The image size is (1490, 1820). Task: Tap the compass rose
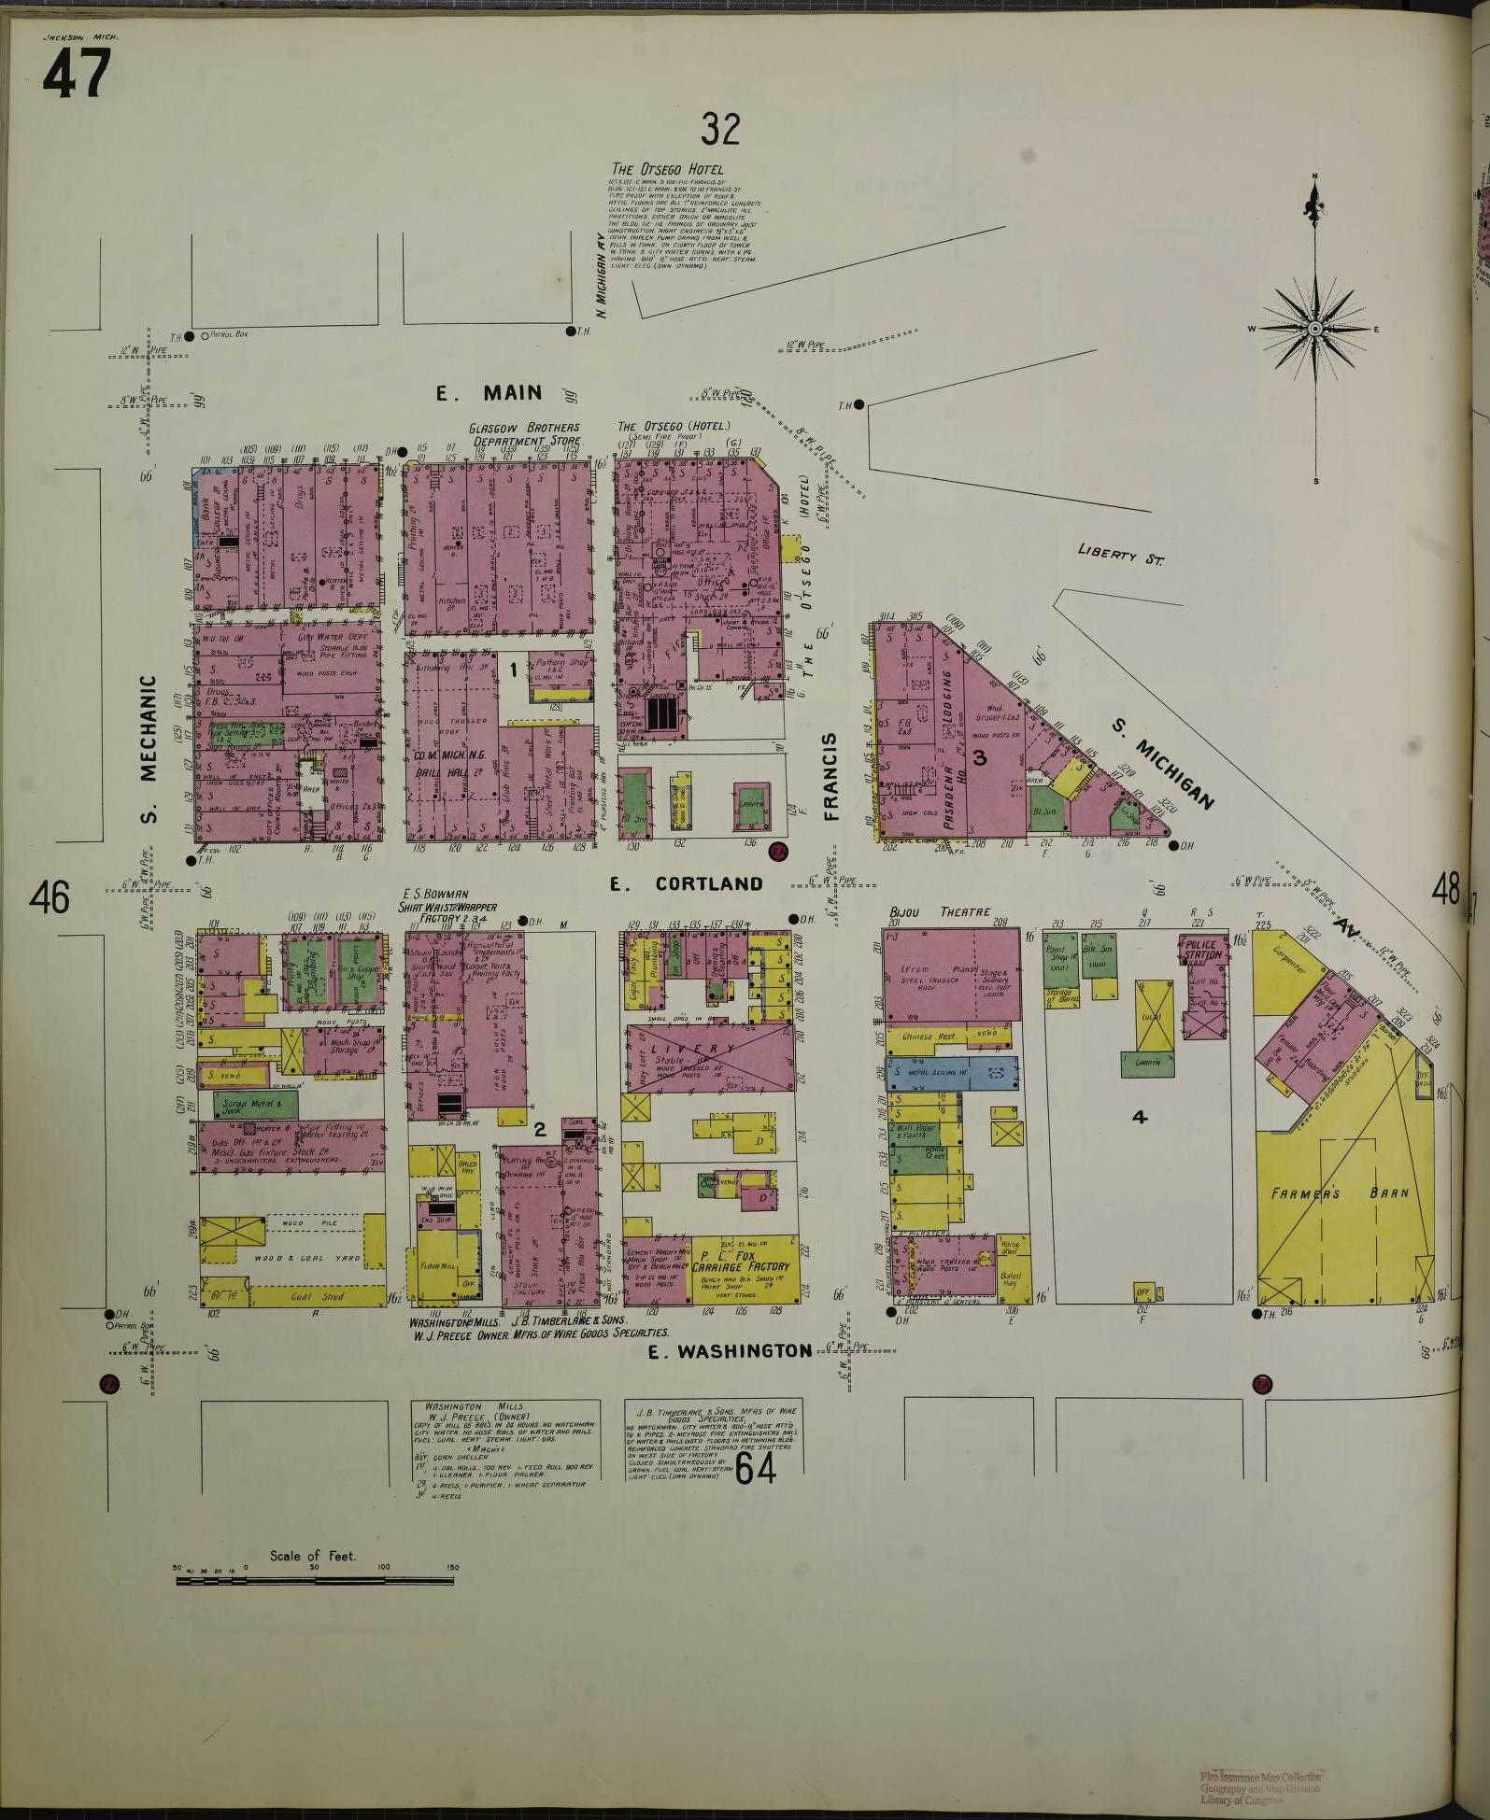1314,329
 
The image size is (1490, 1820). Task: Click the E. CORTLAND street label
687,883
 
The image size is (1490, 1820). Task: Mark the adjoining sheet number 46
49,898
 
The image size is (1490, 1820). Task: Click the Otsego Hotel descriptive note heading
666,169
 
